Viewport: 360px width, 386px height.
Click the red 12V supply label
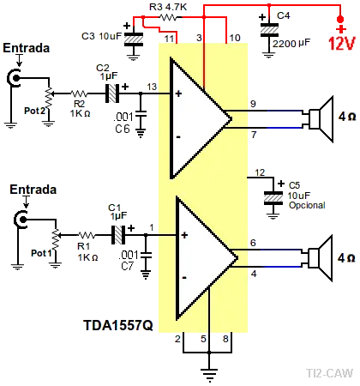(x=341, y=44)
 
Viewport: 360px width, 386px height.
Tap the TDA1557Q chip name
(x=118, y=325)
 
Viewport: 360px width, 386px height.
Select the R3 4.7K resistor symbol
(x=168, y=17)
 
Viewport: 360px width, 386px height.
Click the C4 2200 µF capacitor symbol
(x=269, y=30)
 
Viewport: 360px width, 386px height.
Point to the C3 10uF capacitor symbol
(x=134, y=39)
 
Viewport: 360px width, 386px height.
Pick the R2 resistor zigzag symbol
(x=79, y=93)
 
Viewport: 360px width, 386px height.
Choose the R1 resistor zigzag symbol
(x=87, y=235)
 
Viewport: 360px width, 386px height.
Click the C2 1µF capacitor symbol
(x=112, y=93)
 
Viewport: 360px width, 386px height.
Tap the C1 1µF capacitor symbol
(x=118, y=235)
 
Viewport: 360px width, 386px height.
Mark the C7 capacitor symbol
(x=146, y=255)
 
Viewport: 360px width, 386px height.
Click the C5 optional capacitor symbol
(x=273, y=198)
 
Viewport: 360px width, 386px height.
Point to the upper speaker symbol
(x=321, y=119)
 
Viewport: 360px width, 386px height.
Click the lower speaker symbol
(x=321, y=258)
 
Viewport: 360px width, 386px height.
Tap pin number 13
(x=152, y=87)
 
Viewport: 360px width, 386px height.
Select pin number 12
(x=260, y=172)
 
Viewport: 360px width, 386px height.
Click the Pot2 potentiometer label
(x=34, y=111)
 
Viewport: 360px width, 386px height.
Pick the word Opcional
(x=307, y=205)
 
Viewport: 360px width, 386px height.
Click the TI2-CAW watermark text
(x=330, y=373)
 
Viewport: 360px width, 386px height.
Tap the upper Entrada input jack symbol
(x=14, y=78)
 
